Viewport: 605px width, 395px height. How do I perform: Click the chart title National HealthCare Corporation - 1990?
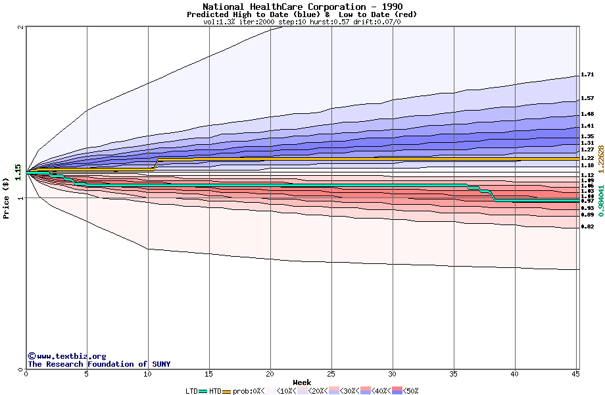tap(302, 7)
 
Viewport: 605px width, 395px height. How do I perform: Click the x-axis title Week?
tap(302, 382)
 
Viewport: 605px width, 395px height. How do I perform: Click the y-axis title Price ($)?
tap(7, 197)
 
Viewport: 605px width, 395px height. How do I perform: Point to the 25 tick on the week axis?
tap(331, 374)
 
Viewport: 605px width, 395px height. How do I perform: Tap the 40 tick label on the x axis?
tap(515, 374)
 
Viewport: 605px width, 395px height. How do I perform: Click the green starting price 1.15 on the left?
tap(18, 171)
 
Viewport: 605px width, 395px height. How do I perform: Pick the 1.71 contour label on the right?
tap(587, 75)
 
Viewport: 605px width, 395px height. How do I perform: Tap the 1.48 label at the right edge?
tap(587, 114)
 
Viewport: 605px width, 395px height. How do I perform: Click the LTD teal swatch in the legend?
tap(203, 391)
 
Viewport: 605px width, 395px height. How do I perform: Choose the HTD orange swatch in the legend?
tap(227, 391)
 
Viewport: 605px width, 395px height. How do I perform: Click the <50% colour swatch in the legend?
tap(398, 391)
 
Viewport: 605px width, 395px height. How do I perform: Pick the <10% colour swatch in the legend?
tap(272, 391)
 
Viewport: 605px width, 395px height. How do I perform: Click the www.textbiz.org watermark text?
tap(66, 356)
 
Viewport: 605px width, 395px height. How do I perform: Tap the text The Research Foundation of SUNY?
tap(99, 364)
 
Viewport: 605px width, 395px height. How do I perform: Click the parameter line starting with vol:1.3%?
tap(302, 22)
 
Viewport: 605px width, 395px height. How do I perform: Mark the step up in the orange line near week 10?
tap(156, 164)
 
